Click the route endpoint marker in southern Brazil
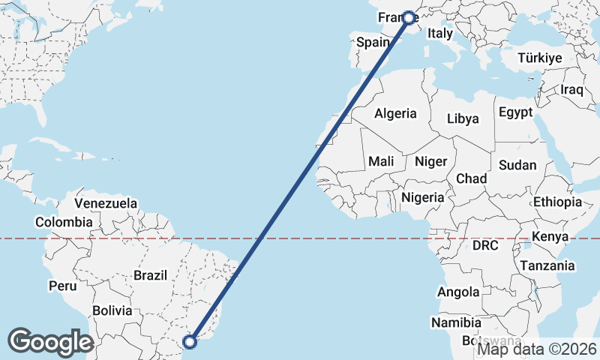[190, 342]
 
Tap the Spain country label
[373, 43]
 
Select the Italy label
[440, 34]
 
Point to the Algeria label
[395, 114]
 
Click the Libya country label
[462, 118]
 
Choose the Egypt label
[515, 112]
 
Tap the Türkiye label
[540, 58]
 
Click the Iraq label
[571, 89]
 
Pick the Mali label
[381, 161]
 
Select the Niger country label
[430, 161]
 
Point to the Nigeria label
[423, 197]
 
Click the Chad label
[471, 178]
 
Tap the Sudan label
[517, 165]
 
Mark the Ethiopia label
[557, 202]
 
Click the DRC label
[486, 245]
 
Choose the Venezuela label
[106, 203]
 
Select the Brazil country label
[150, 275]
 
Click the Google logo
[51, 342]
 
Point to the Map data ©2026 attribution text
[538, 349]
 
